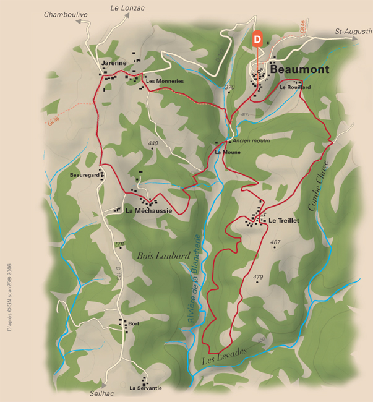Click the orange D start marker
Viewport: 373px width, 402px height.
click(x=257, y=38)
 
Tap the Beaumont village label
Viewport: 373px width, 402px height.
click(x=300, y=70)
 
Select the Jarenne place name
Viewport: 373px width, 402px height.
click(x=113, y=62)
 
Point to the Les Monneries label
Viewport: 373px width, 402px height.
click(x=165, y=81)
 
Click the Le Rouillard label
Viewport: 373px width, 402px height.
click(x=294, y=87)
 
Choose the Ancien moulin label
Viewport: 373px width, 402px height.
click(x=252, y=140)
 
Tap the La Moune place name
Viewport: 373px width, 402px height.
click(x=228, y=152)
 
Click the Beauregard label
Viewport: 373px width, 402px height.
click(x=84, y=176)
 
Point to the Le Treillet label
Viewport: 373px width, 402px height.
click(x=284, y=220)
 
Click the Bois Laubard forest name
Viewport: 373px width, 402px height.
click(x=163, y=255)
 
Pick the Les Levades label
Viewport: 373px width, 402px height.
click(x=224, y=355)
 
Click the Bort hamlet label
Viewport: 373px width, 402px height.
click(x=134, y=323)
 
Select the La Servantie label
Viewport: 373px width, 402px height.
click(x=145, y=388)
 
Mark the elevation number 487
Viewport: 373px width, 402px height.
click(x=276, y=242)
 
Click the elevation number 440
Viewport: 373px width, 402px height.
click(x=153, y=143)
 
